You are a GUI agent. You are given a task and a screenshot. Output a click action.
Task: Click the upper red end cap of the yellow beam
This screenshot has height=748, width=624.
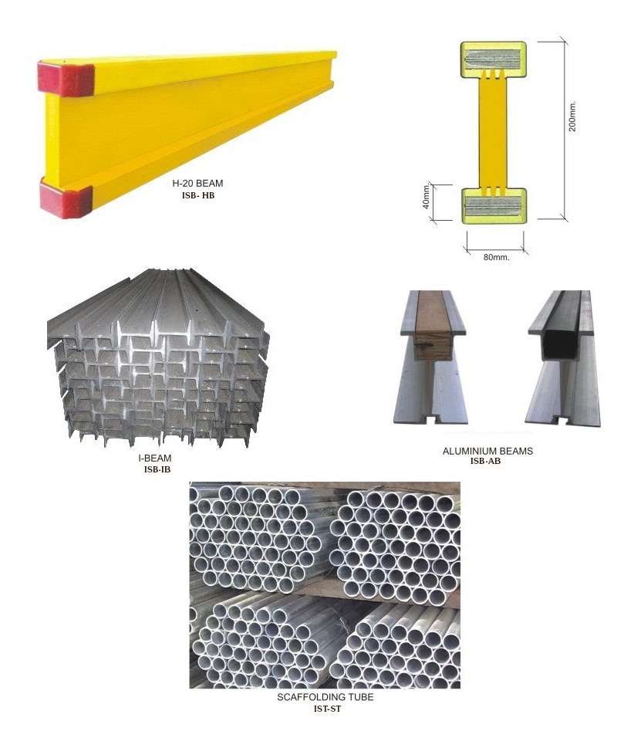tap(66, 78)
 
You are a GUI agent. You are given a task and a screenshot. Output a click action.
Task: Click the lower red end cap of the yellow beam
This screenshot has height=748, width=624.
tap(66, 198)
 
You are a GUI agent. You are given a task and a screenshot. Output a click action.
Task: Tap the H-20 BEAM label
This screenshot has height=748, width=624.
tap(197, 183)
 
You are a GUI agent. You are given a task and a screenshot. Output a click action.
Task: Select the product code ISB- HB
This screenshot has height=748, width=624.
tap(198, 195)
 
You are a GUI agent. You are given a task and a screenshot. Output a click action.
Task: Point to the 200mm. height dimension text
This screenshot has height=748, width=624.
tap(572, 116)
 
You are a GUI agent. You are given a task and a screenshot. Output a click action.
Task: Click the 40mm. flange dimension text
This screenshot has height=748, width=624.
tap(427, 196)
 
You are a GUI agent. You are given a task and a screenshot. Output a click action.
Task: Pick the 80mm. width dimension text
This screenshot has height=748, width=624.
tap(496, 257)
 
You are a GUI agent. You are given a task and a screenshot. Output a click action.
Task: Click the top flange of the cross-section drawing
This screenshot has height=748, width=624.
tap(494, 59)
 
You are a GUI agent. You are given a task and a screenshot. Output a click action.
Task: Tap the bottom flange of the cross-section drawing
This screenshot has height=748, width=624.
tap(494, 205)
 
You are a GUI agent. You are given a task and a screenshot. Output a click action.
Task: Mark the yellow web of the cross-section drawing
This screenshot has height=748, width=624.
tap(494, 132)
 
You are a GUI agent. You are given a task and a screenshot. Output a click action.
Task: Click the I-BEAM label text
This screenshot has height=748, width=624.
tap(155, 458)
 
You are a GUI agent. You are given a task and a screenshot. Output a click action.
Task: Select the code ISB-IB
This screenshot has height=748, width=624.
tap(157, 469)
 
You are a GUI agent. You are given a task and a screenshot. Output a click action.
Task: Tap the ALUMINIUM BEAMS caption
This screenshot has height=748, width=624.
tap(487, 451)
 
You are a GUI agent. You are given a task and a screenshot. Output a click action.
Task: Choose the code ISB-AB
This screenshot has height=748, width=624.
tap(486, 462)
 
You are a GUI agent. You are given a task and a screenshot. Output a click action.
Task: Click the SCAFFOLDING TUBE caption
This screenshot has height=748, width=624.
tap(325, 697)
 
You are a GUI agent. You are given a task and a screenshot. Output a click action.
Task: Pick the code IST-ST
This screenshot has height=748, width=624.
tap(327, 709)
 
